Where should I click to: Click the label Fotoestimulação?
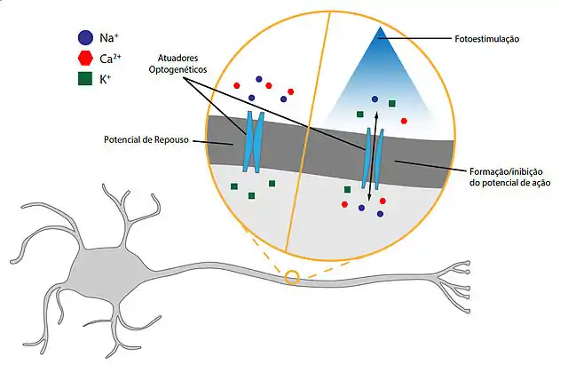click(x=483, y=39)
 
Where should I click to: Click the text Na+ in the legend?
click(x=108, y=37)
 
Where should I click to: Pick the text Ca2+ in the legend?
click(x=110, y=58)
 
